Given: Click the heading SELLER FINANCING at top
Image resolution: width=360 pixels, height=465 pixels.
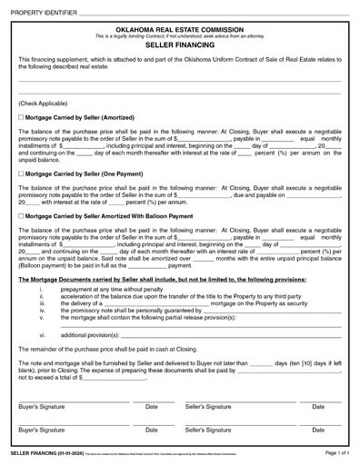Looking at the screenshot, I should (x=179, y=45).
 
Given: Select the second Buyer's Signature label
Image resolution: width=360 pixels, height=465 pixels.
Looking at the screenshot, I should (x=42, y=429).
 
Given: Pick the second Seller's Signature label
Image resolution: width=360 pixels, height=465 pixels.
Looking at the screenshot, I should (x=206, y=429).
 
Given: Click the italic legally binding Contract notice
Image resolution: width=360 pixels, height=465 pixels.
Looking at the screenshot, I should (x=179, y=35).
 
